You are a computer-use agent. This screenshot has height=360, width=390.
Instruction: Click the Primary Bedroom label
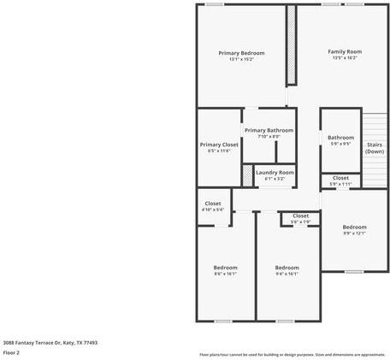(241, 53)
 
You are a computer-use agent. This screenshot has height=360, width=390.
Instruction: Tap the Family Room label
(345, 51)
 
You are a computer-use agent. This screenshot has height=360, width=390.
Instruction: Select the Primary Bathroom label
(269, 130)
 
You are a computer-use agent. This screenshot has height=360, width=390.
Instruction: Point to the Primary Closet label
(220, 145)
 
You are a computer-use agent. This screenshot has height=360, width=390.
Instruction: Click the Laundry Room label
(275, 172)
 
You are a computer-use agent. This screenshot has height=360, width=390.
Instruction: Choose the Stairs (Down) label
(375, 148)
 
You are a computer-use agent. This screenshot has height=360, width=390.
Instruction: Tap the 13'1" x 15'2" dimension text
(241, 59)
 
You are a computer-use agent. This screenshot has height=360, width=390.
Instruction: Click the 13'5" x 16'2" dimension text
(345, 58)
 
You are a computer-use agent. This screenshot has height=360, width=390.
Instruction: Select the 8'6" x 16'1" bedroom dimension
(225, 274)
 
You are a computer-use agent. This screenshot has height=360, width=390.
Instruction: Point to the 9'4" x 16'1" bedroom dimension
(287, 274)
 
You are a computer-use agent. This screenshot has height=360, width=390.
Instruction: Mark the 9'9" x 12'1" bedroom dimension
(354, 233)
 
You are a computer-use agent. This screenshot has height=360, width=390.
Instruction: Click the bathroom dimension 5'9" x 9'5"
(340, 144)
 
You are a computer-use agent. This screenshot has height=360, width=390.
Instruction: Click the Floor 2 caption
(12, 351)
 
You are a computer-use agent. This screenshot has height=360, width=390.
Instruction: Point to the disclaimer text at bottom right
(292, 354)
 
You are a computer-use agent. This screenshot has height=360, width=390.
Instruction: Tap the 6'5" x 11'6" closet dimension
(220, 151)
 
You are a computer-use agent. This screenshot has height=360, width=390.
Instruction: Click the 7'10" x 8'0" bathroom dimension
(269, 136)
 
